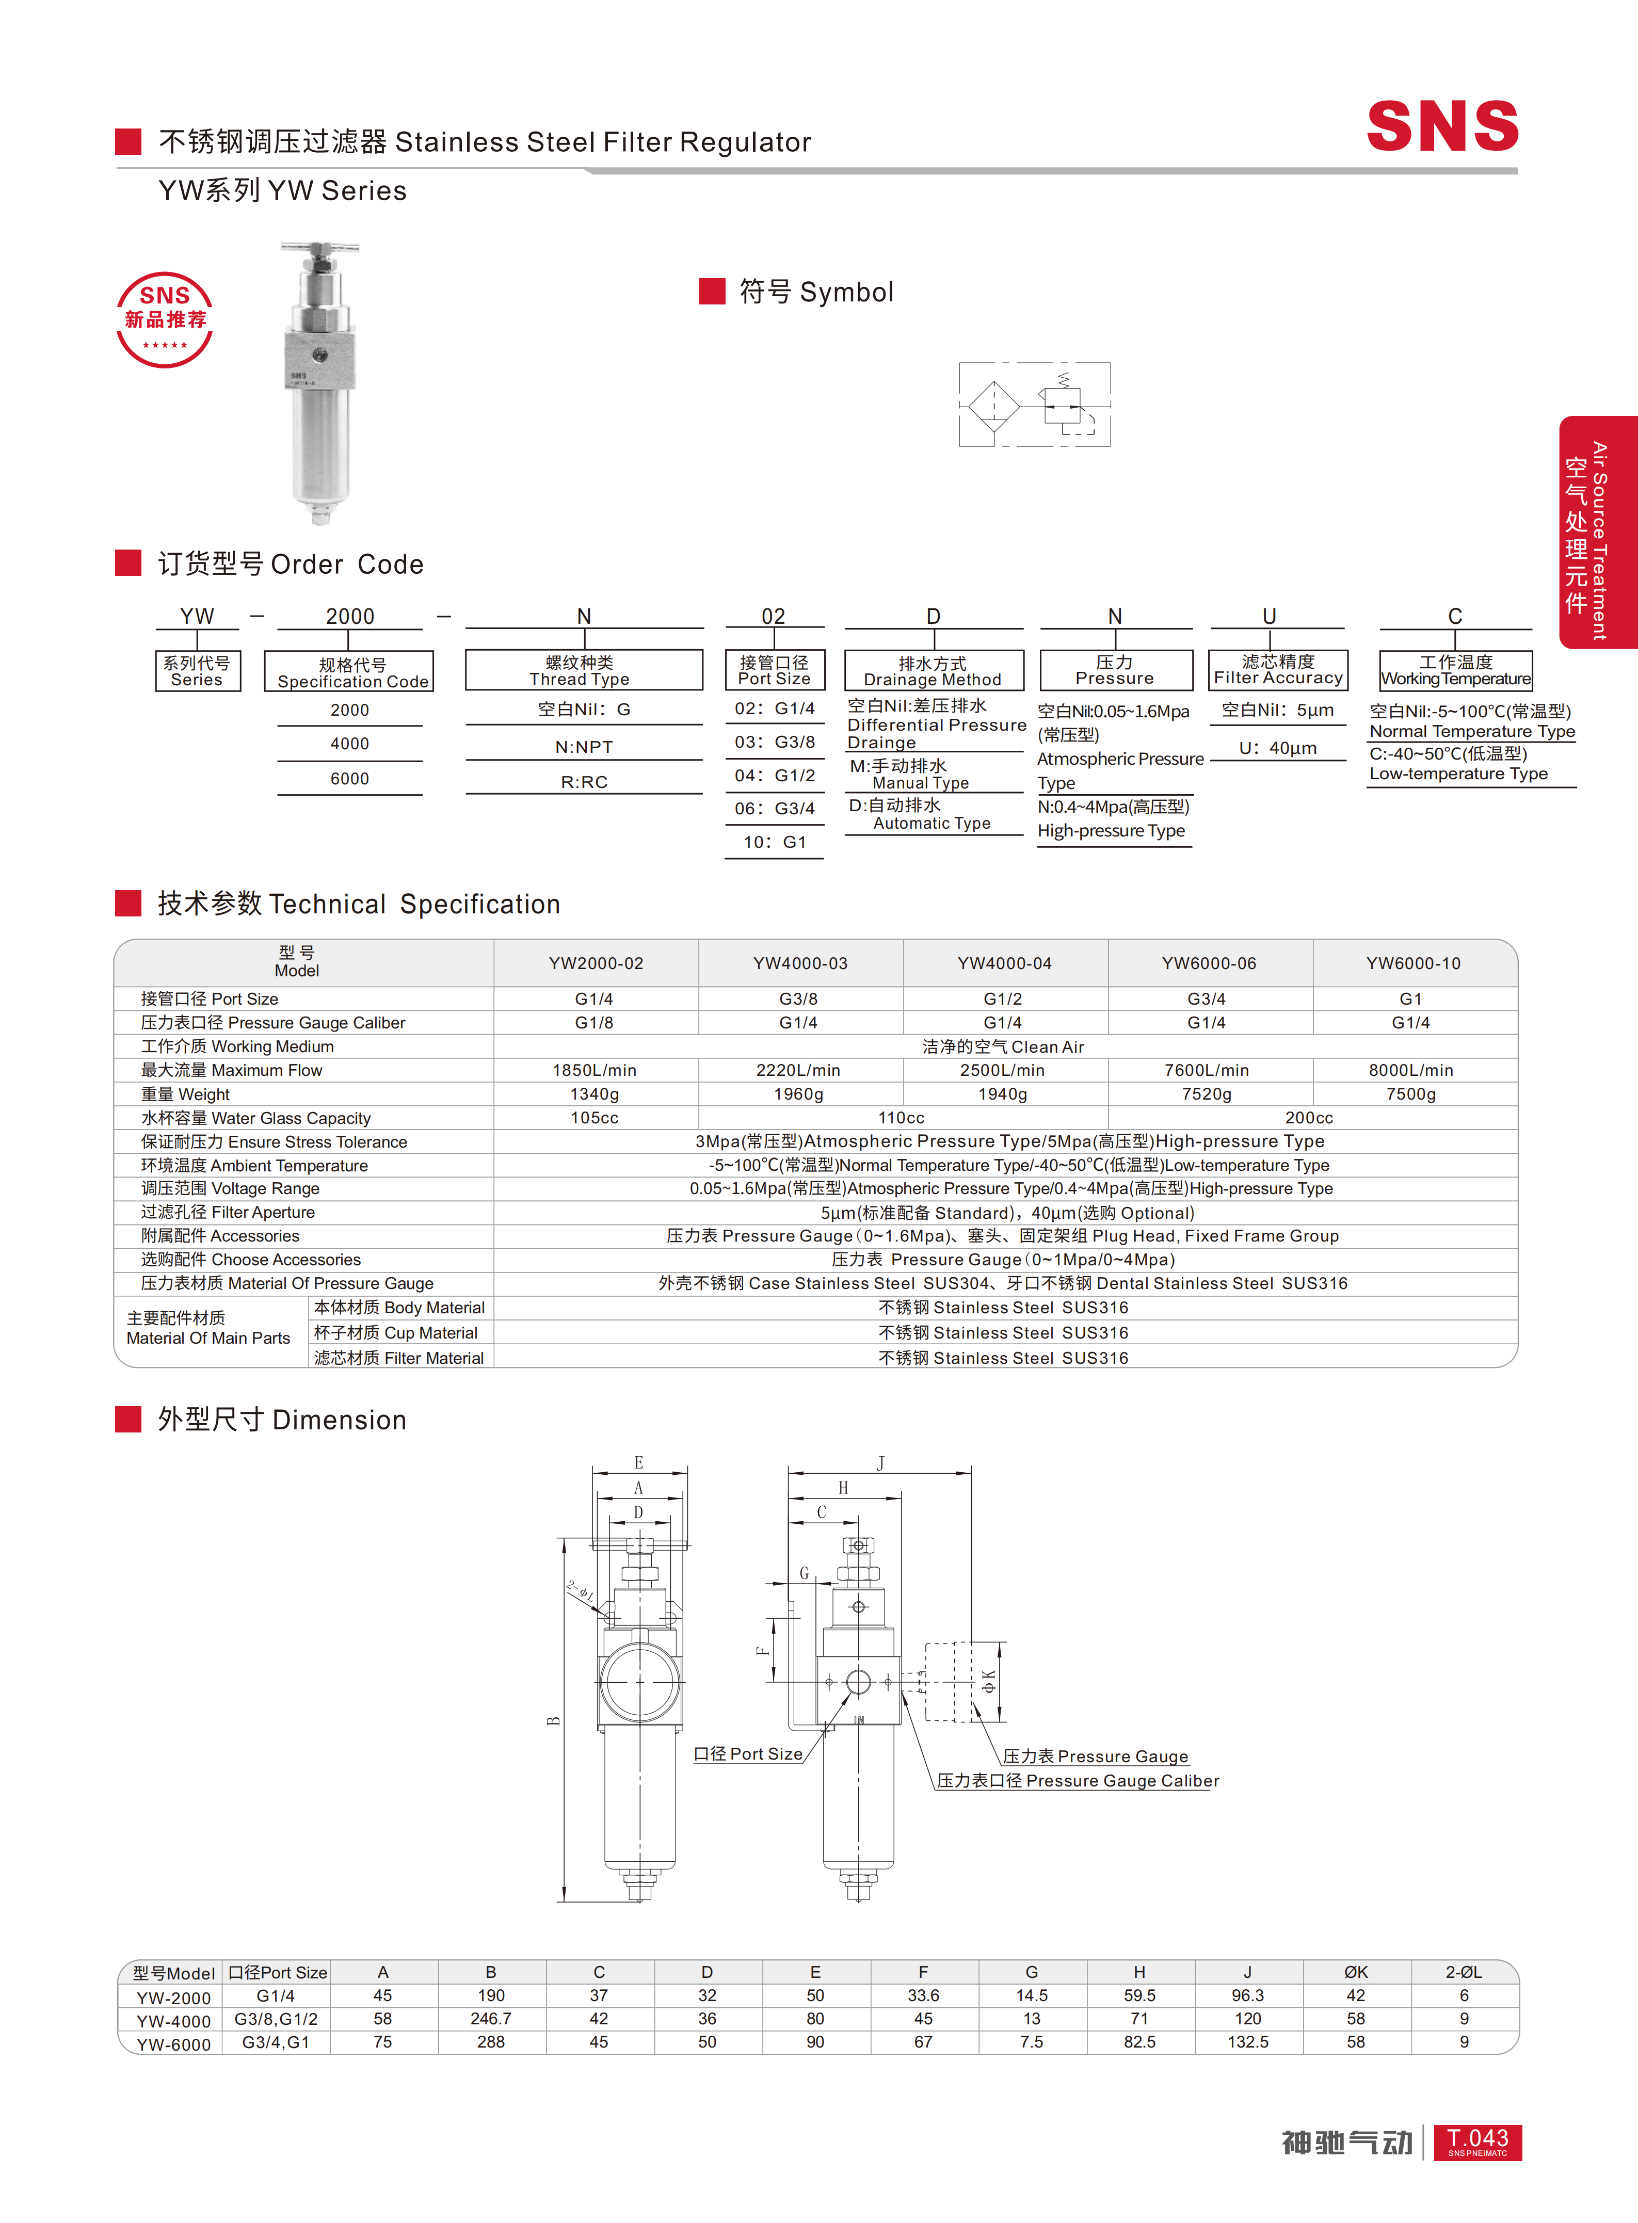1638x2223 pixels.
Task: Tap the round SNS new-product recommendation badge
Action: (x=165, y=319)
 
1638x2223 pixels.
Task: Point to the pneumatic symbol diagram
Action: (x=1034, y=405)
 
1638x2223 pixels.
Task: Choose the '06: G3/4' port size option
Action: (x=775, y=808)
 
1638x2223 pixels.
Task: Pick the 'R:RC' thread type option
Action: (x=584, y=781)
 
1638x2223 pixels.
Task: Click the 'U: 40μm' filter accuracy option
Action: (x=1278, y=748)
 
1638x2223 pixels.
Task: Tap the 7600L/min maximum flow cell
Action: (x=1207, y=1070)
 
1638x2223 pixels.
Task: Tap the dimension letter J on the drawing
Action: (x=880, y=1462)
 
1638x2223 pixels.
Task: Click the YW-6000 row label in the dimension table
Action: (x=173, y=2043)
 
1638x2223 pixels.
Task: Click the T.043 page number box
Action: (x=1478, y=2141)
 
